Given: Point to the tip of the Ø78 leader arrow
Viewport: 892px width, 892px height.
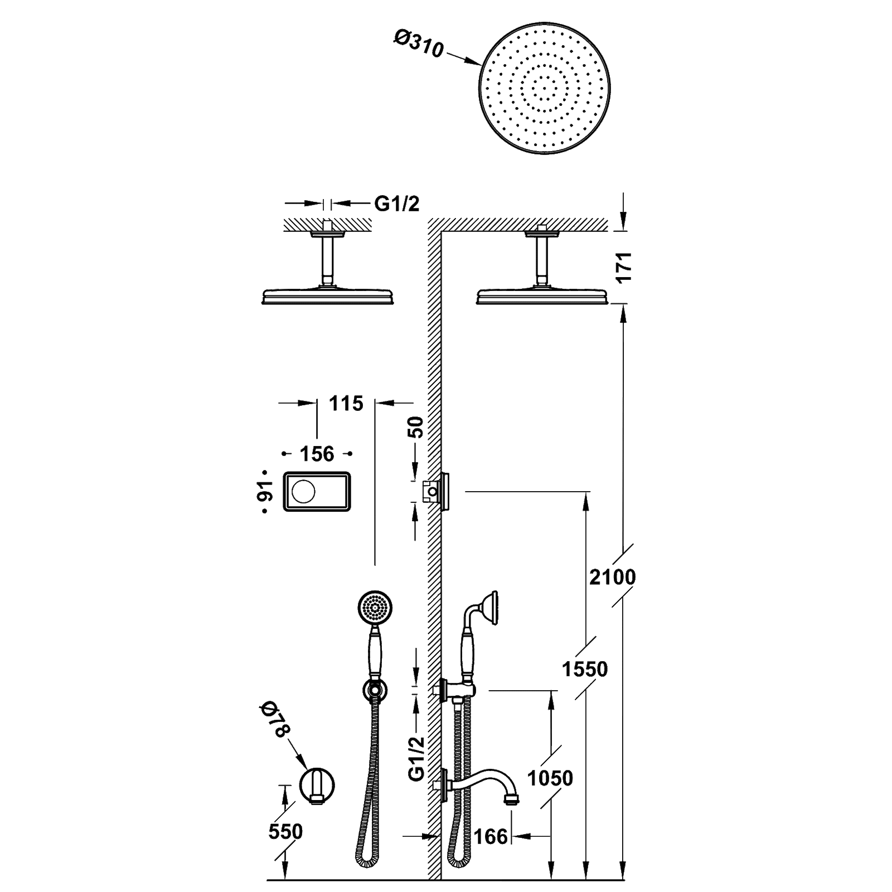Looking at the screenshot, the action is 306,769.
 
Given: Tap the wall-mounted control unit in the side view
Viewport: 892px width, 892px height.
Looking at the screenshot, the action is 440,491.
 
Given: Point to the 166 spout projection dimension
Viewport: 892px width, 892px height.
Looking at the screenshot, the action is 492,836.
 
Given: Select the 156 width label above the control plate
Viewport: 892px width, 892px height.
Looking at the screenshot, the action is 318,454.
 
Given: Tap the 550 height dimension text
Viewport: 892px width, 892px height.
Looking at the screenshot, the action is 285,832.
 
